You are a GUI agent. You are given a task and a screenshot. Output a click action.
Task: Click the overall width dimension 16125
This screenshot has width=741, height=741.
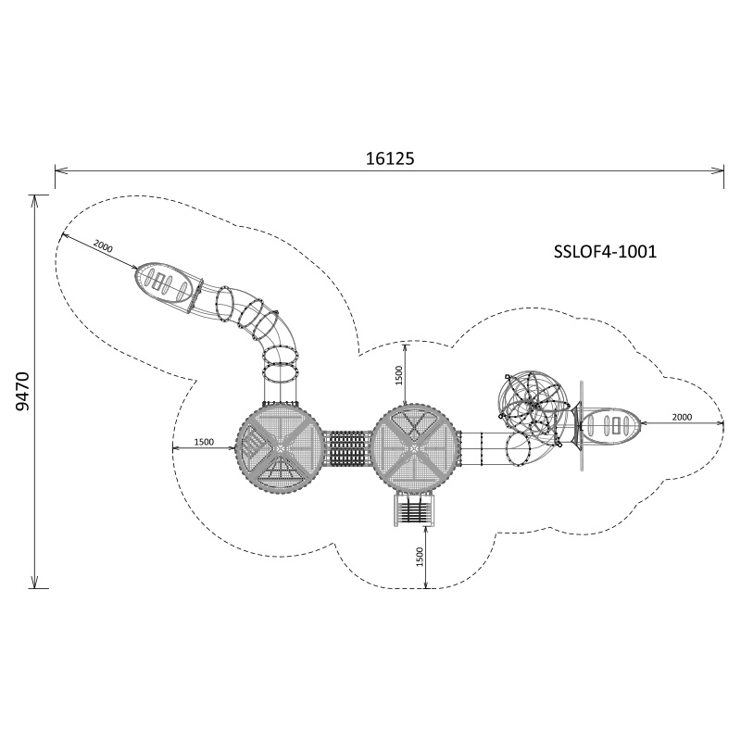[x=390, y=158]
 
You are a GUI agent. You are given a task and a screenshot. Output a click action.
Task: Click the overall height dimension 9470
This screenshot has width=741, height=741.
[x=22, y=391]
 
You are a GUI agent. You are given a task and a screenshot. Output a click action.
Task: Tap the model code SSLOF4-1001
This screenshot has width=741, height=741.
[x=605, y=251]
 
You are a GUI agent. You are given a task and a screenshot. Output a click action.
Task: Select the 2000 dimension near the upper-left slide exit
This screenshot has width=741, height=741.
[x=103, y=246]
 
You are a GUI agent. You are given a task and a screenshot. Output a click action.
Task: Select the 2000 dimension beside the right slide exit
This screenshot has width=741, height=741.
[x=682, y=417]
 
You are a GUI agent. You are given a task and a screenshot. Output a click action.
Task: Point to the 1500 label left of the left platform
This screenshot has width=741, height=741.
[x=204, y=442]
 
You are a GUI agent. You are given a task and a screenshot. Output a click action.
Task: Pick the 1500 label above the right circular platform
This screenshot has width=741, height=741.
[x=399, y=375]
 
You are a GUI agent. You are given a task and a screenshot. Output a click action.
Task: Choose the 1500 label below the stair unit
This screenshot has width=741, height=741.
[x=420, y=557]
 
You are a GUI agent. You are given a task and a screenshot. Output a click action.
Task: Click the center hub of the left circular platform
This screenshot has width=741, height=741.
[x=280, y=447]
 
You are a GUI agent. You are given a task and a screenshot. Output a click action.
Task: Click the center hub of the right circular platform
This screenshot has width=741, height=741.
[x=414, y=447]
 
